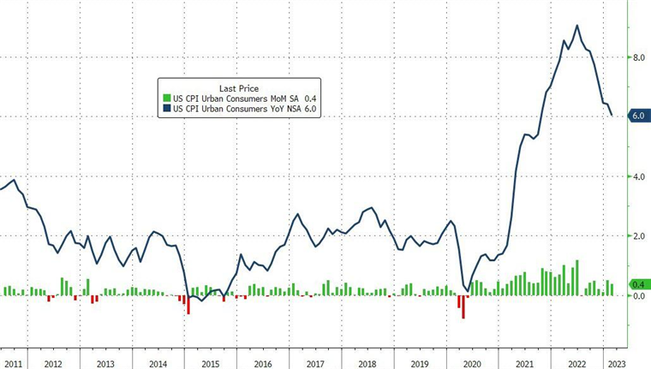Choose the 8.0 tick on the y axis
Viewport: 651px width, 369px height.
coord(637,57)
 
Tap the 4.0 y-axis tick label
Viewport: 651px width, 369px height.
coord(637,176)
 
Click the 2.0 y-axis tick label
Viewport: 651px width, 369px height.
coord(637,235)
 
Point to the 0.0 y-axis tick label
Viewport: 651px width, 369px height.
coord(637,295)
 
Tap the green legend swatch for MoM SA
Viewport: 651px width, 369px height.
coord(167,98)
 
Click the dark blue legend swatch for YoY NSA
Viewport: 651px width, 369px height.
coord(167,109)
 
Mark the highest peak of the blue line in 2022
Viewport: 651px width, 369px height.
coord(576,26)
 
